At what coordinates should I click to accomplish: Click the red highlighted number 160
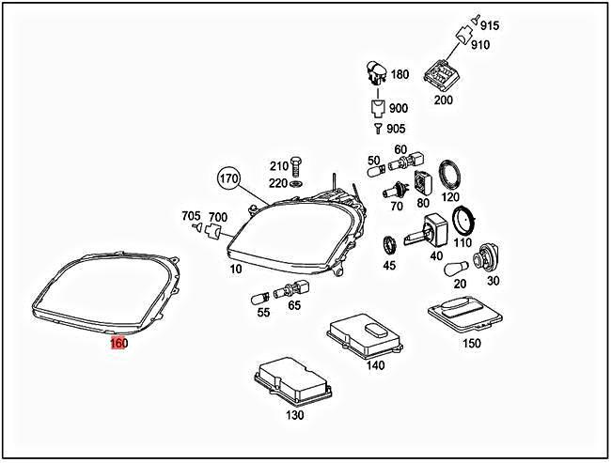[x=118, y=344]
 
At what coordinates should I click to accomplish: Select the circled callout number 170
[x=228, y=178]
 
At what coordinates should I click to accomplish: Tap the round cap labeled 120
[x=450, y=176]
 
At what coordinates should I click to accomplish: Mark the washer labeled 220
[x=296, y=183]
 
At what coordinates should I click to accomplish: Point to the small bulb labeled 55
[x=260, y=297]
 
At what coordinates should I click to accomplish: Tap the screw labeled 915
[x=477, y=20]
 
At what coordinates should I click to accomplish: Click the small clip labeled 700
[x=213, y=231]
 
